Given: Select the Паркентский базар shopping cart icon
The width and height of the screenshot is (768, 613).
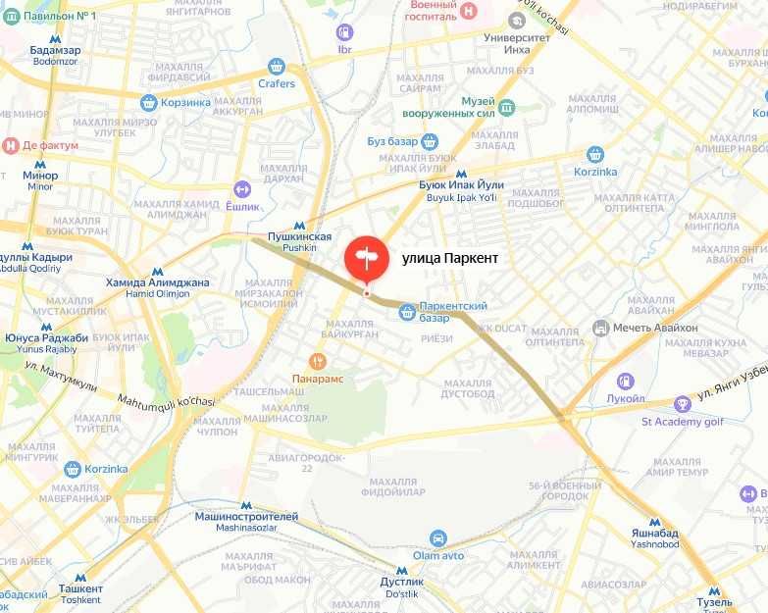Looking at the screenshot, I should tap(407, 312).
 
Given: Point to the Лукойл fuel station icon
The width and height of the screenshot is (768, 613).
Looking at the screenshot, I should tap(625, 381).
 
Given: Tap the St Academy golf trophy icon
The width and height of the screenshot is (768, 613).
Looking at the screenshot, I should tap(683, 403).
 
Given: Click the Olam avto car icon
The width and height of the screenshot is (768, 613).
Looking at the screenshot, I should tap(438, 537).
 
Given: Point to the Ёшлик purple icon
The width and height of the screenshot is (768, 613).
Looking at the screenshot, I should tap(242, 188).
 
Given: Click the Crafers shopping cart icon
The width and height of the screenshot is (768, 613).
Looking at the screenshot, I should tap(277, 67).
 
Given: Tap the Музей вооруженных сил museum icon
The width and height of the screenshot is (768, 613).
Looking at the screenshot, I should tap(506, 107).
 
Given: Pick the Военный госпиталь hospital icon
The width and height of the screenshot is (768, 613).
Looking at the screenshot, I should tap(469, 11).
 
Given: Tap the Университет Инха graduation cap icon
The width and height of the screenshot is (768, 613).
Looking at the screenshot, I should tap(517, 20).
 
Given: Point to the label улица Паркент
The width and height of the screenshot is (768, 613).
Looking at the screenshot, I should tap(450, 258).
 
